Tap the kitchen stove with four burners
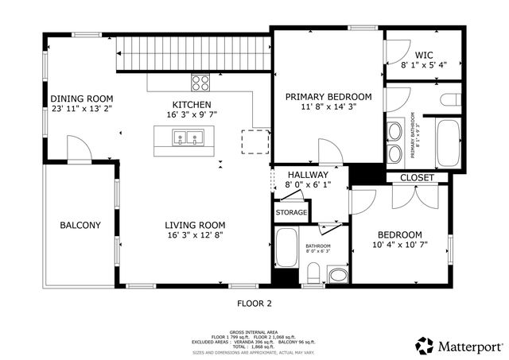click(x=200, y=80)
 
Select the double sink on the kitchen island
click(x=188, y=138)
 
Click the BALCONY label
click(x=80, y=225)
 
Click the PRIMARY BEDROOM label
click(x=327, y=96)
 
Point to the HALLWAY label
click(x=307, y=174)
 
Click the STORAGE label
click(x=291, y=213)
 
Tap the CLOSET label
click(x=417, y=178)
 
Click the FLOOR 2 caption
click(x=254, y=303)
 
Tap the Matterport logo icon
click(x=424, y=345)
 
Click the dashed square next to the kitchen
click(x=254, y=141)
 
